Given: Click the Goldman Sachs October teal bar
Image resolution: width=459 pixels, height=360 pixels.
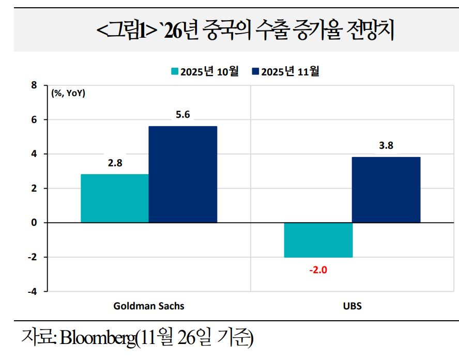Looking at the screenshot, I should [114, 198].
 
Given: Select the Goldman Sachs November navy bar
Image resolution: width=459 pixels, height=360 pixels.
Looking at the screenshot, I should [182, 175].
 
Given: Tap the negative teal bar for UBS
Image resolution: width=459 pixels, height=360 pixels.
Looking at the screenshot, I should [318, 240].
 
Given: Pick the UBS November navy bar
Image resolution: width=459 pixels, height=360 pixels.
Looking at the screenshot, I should [386, 190].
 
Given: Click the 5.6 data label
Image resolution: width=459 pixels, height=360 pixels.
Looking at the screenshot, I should [182, 115].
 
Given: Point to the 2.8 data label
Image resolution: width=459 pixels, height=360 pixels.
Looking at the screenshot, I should [115, 163].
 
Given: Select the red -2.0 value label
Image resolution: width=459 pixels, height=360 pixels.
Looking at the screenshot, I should [318, 269].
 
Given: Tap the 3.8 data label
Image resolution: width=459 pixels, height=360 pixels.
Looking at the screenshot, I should [386, 146].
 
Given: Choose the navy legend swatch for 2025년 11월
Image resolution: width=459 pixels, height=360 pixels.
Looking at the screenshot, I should [255, 72].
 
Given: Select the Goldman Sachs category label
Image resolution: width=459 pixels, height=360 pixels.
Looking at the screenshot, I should [149, 306].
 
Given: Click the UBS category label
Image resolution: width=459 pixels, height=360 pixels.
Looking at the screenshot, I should [352, 306].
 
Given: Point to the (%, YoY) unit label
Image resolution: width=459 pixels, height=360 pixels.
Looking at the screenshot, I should [69, 93].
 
